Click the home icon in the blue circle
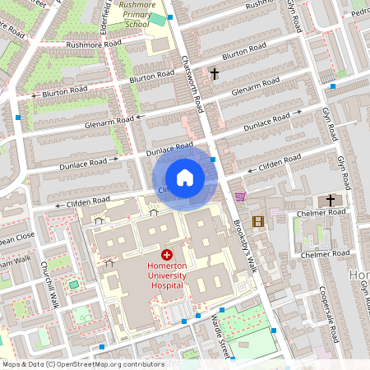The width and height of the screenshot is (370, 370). pyautogui.click(x=185, y=178)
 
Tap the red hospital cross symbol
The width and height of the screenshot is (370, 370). pyautogui.click(x=167, y=256)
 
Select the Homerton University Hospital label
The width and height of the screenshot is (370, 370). pyautogui.click(x=167, y=276)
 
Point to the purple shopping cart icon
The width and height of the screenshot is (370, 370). pyautogui.click(x=240, y=197)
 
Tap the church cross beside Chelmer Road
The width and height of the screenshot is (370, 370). pyautogui.click(x=331, y=200)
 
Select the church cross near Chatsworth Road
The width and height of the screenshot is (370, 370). pyautogui.click(x=215, y=74)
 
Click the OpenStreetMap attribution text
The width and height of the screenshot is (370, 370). pyautogui.click(x=83, y=364)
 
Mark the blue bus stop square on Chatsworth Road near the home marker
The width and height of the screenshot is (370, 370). pyautogui.click(x=213, y=160)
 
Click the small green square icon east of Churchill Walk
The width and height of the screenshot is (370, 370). pyautogui.click(x=73, y=284)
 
